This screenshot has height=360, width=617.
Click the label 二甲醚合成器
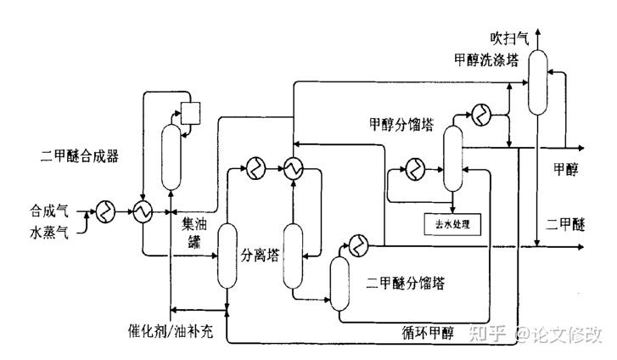[x=79, y=155]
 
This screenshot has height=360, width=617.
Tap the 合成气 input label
[x=48, y=209]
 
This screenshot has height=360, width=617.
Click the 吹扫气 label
[x=510, y=38]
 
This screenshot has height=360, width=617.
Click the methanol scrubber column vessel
[x=538, y=82]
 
